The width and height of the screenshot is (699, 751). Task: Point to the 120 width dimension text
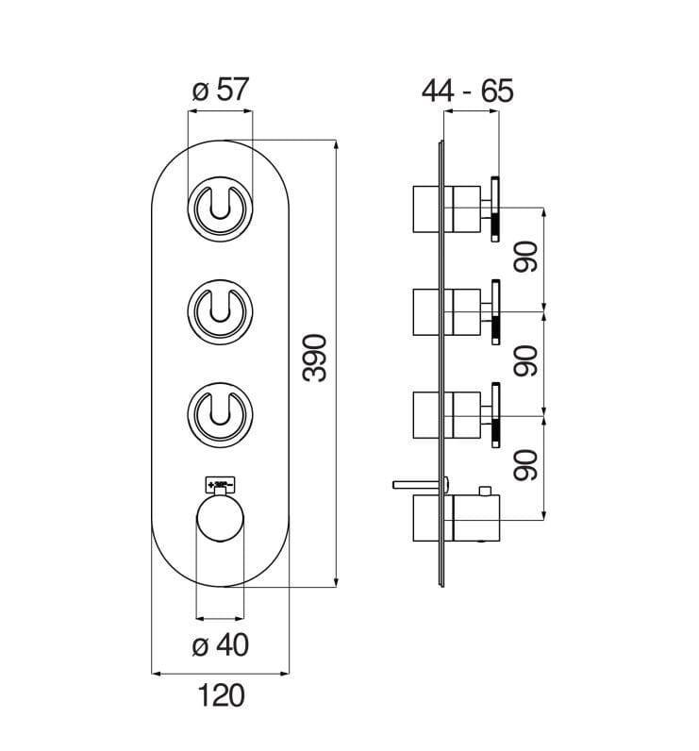pyautogui.click(x=221, y=695)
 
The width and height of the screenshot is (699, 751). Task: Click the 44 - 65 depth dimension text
pyautogui.click(x=469, y=91)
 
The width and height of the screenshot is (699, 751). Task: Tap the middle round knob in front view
pyautogui.click(x=220, y=310)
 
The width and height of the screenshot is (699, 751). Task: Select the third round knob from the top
pyautogui.click(x=220, y=413)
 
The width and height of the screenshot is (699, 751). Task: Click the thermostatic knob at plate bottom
pyautogui.click(x=220, y=518)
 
